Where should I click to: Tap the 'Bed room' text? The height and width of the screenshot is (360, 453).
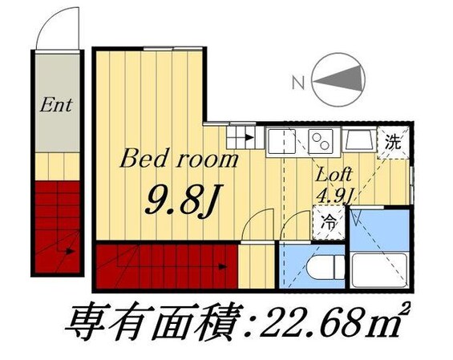[180, 159]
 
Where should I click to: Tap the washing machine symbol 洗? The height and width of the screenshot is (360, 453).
[394, 144]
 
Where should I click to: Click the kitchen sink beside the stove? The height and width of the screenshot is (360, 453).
[282, 143]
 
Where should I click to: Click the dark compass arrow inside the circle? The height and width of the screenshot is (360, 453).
[340, 80]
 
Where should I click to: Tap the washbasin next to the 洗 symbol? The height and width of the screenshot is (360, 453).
[360, 144]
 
